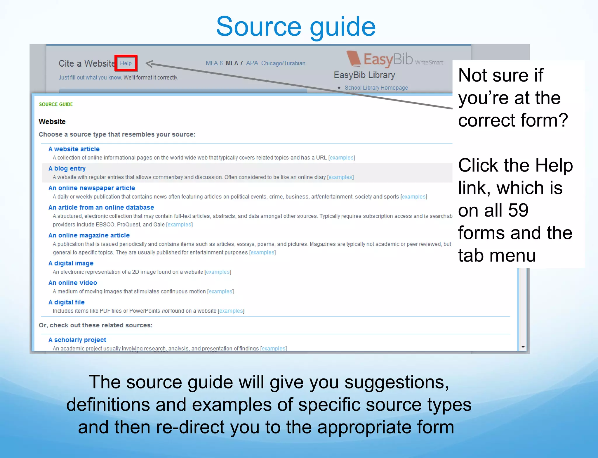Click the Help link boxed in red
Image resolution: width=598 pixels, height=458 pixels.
click(126, 63)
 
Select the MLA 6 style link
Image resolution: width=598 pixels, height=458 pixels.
click(214, 63)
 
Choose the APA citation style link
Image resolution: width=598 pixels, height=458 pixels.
click(252, 63)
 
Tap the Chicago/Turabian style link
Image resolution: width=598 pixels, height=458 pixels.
click(283, 63)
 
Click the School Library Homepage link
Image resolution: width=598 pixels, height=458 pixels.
click(376, 88)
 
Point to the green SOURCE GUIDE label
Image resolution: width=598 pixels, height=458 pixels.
click(56, 104)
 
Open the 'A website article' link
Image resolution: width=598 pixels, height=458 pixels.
click(74, 149)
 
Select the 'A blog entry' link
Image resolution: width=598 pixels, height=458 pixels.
click(67, 169)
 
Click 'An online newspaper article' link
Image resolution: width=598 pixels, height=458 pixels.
click(92, 188)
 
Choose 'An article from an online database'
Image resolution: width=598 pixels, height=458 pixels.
click(101, 208)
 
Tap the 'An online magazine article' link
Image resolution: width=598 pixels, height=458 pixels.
click(89, 235)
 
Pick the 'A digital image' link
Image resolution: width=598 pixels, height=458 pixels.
click(71, 263)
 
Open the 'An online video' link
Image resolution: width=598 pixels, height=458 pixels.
click(73, 283)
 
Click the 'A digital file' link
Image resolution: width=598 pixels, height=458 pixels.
click(67, 302)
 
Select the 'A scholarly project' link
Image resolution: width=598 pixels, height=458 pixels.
click(77, 340)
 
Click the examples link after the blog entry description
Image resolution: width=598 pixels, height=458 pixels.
click(340, 177)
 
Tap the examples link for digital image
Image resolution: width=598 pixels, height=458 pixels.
click(218, 272)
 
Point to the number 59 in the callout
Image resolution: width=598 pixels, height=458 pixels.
click(518, 210)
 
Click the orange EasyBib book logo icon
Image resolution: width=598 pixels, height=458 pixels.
click(354, 58)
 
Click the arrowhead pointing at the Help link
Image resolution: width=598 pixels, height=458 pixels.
click(149, 63)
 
